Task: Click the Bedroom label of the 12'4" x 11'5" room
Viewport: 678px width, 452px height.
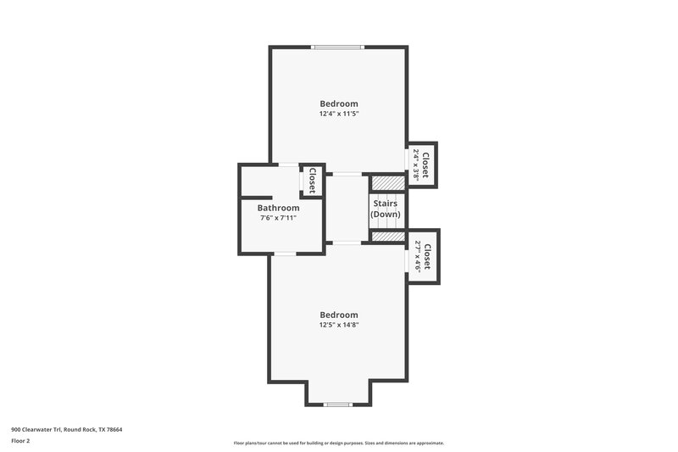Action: tap(338, 103)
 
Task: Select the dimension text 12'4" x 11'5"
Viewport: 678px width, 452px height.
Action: tap(338, 114)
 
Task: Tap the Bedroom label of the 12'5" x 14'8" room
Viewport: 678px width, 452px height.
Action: tap(338, 315)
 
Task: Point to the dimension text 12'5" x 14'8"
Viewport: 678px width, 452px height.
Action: tap(338, 325)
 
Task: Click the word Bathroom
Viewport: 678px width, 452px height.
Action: tap(278, 208)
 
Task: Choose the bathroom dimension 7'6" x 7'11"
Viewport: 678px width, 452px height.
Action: tap(278, 218)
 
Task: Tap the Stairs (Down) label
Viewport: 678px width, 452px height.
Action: tap(385, 209)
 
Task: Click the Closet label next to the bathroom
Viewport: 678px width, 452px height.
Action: tap(312, 181)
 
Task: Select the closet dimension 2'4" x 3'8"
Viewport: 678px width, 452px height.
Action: tap(416, 165)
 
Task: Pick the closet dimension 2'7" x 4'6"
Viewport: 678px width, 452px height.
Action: tap(417, 255)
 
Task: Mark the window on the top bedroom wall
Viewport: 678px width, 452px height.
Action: tap(338, 47)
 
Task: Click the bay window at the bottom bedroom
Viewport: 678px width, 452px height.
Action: tap(338, 405)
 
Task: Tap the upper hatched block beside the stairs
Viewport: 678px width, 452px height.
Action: tap(387, 183)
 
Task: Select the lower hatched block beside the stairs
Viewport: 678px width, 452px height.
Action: tap(387, 237)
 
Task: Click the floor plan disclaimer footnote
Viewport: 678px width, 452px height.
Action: tap(338, 443)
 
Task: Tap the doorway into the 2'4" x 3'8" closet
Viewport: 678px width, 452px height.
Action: tap(407, 162)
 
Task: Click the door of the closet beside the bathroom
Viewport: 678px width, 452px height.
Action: tap(302, 181)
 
